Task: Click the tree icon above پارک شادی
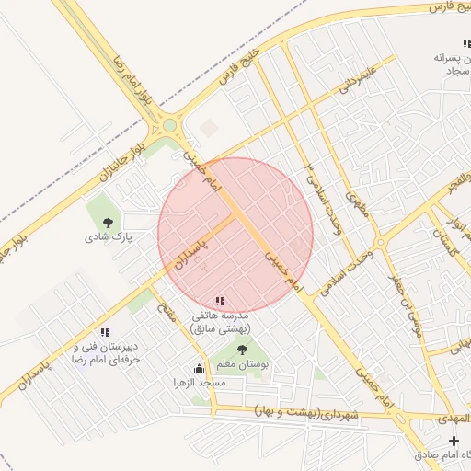point(109,222)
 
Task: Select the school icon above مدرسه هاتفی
point(219,301)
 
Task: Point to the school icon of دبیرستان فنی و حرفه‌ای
point(105,332)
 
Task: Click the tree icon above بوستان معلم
point(242,349)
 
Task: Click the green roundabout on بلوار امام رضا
point(169,125)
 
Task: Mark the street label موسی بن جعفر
point(404,304)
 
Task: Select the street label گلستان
point(445,244)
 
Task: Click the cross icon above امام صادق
point(453,442)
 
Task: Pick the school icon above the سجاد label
point(465,42)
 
